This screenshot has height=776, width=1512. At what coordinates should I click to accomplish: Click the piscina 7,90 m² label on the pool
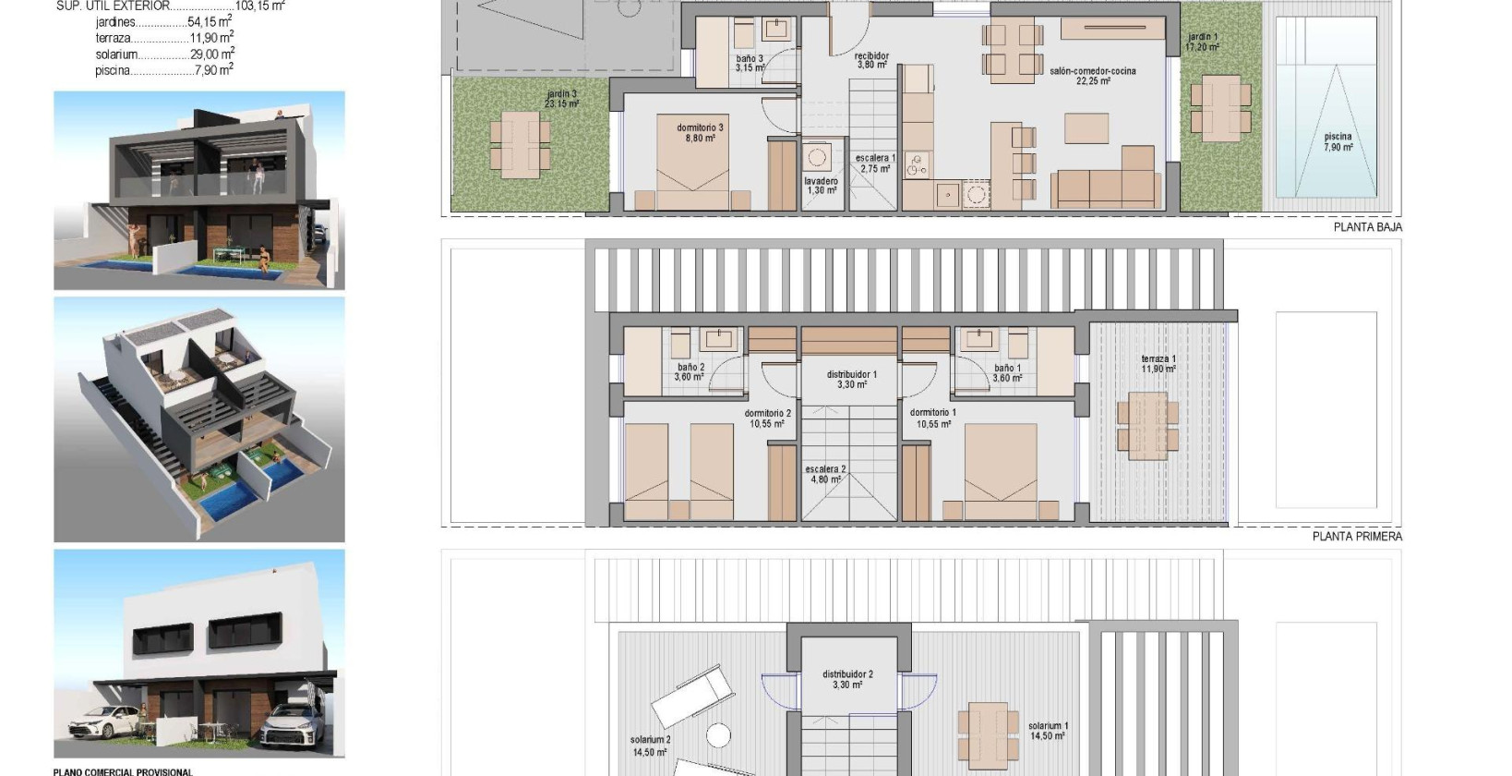pos(1338,142)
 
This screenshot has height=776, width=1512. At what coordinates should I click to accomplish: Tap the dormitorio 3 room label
pos(701,133)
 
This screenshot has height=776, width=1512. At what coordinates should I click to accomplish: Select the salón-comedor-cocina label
pos(1093,76)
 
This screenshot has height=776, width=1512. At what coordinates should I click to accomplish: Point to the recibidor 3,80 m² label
pos(871,61)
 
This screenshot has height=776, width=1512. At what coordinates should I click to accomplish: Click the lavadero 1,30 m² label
pos(821,186)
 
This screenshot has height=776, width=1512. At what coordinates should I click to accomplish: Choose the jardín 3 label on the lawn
pos(561,99)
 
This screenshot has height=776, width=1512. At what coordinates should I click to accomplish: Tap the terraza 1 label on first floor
pos(1158,364)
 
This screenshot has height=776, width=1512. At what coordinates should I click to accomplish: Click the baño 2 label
pos(690,372)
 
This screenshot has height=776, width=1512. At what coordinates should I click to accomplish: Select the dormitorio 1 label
pos(933,418)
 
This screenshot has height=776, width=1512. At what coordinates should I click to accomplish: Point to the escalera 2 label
pos(825,475)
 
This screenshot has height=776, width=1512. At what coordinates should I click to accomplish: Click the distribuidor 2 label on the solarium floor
pos(847,680)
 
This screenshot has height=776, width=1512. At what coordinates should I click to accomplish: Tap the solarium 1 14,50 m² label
pos(1048,731)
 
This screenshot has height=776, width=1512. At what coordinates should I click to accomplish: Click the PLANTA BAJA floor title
pos(1367,227)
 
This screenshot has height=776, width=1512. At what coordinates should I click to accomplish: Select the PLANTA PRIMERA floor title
pos(1357,536)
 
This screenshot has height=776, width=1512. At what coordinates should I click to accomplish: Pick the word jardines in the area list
pos(115,22)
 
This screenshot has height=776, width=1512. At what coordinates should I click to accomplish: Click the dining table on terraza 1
pos(1146,423)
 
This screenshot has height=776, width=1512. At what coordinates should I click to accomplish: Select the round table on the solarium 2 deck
pos(719,735)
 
